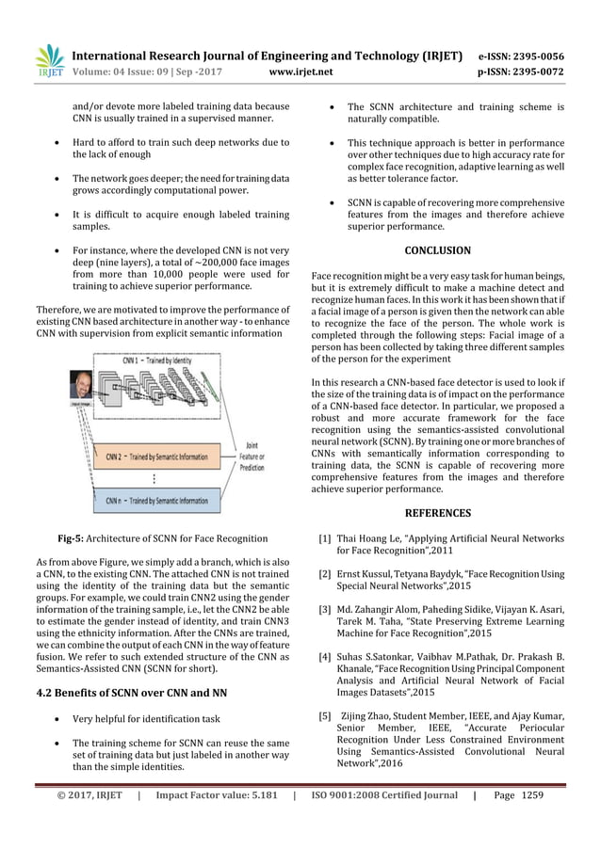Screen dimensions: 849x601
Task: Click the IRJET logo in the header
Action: point(49,59)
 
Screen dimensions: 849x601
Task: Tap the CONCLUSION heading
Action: point(437,250)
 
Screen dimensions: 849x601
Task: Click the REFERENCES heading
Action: point(437,513)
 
